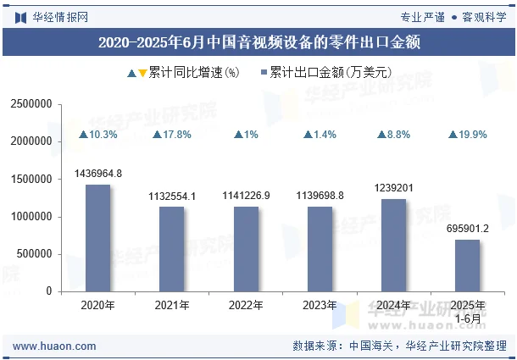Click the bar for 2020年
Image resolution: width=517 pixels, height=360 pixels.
pyautogui.click(x=97, y=238)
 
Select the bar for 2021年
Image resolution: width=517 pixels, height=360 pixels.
pyautogui.click(x=172, y=249)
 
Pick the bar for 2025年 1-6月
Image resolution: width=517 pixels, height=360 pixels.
pyautogui.click(x=468, y=265)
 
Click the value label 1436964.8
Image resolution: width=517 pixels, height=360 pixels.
pyautogui.click(x=98, y=174)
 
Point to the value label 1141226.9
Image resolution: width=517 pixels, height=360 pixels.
pyautogui.click(x=246, y=196)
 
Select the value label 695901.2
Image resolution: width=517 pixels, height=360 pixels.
pyautogui.click(x=468, y=229)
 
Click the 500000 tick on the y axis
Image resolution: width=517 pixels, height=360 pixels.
pyautogui.click(x=35, y=254)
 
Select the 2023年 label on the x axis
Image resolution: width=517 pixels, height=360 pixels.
pyautogui.click(x=320, y=306)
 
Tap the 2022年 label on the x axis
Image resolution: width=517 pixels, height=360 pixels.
pyautogui.click(x=246, y=306)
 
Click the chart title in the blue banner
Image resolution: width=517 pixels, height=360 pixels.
pyautogui.click(x=258, y=41)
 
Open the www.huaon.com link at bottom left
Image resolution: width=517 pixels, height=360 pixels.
pyautogui.click(x=55, y=346)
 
